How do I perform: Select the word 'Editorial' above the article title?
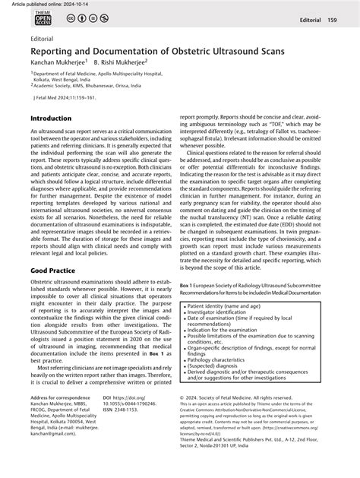43,36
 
